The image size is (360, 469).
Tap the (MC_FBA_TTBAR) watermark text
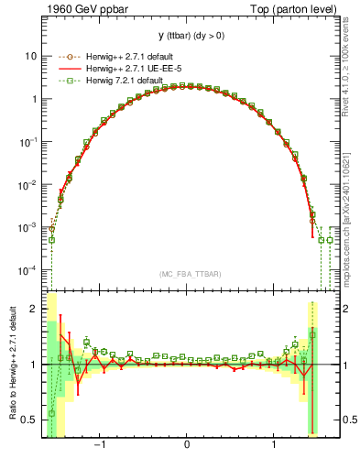pos(187,274)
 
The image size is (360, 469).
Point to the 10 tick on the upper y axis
pos(31,56)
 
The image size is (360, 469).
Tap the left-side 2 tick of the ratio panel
pos(34,310)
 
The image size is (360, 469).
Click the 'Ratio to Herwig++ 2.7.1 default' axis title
pos(11,364)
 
